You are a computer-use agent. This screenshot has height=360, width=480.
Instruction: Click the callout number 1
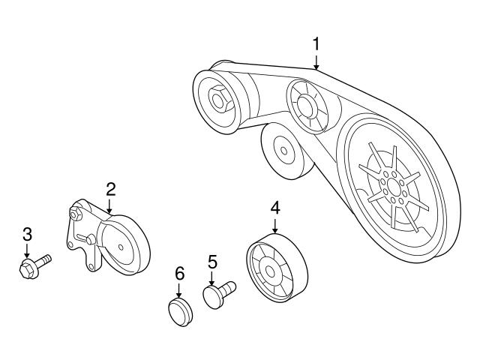coord(316,44)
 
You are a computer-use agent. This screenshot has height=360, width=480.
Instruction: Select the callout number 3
coord(27,234)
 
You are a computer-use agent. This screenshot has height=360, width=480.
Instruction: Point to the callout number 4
coord(275,205)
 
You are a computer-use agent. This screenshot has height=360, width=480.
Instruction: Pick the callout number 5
coord(212,262)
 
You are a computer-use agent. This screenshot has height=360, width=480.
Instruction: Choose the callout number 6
coord(179,274)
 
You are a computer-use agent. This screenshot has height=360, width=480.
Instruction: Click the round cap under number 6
coord(179,311)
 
